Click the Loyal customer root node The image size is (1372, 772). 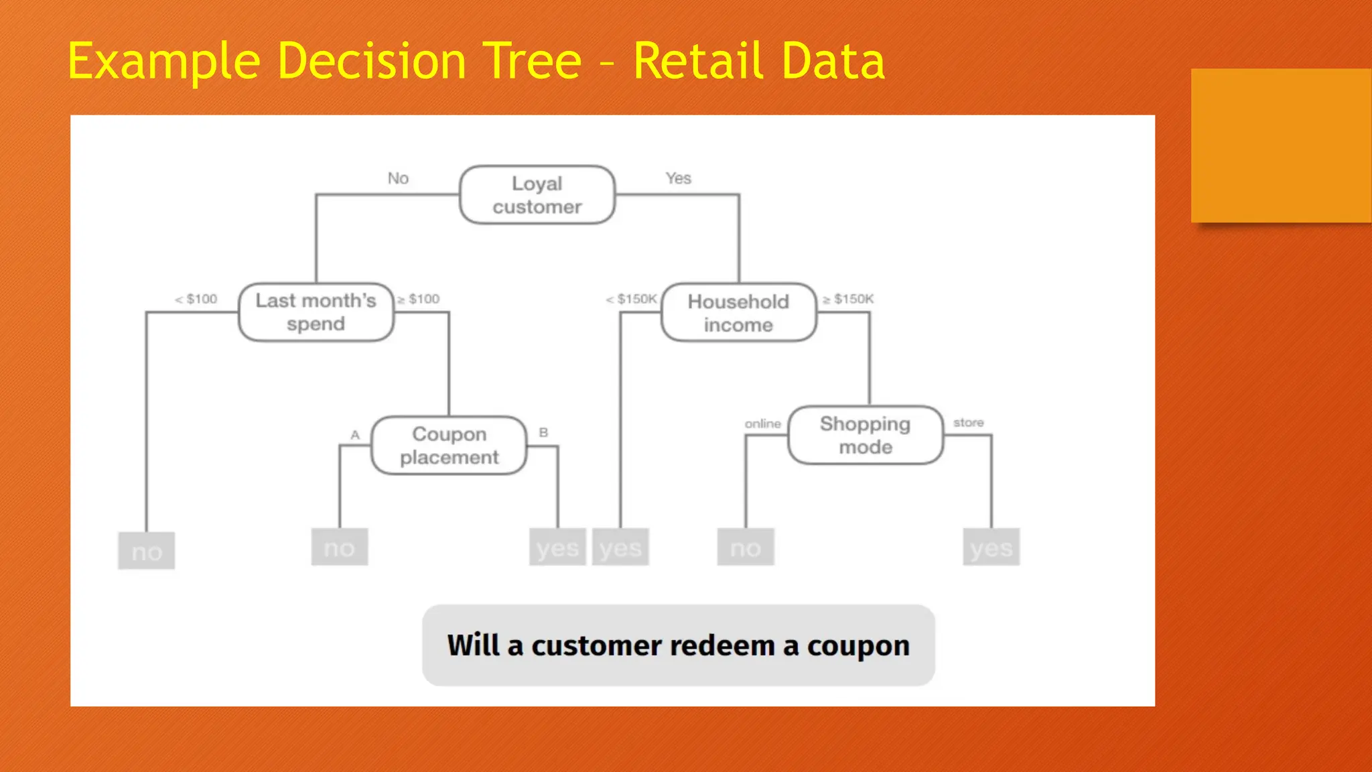(x=537, y=195)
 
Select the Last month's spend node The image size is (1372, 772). (x=316, y=312)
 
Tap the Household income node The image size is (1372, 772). (x=738, y=313)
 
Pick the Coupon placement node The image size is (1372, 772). (x=449, y=446)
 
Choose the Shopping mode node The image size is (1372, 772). (x=866, y=435)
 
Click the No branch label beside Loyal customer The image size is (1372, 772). (x=398, y=178)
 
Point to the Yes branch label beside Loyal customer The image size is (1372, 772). (x=678, y=178)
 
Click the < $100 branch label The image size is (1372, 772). (x=196, y=299)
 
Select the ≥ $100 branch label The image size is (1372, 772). (x=419, y=299)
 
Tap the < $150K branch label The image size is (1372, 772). (x=632, y=299)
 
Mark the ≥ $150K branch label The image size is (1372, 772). (x=848, y=299)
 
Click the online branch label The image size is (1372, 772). (x=762, y=424)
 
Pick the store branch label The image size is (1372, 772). (x=968, y=423)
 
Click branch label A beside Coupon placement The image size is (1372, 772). (x=355, y=435)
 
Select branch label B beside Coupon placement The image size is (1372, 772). (x=543, y=433)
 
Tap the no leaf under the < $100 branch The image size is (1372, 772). (x=147, y=551)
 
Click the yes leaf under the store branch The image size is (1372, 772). (x=991, y=548)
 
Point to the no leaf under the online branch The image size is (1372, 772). (x=746, y=548)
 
